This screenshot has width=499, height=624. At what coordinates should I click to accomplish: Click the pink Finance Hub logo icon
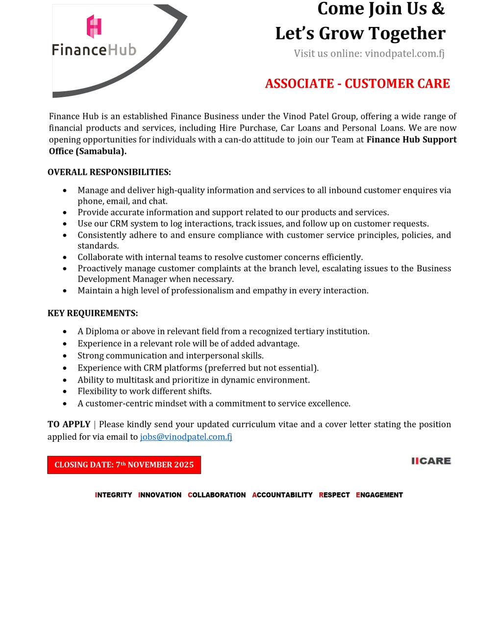click(94, 26)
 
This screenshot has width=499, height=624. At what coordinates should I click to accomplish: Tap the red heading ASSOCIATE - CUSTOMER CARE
click(357, 84)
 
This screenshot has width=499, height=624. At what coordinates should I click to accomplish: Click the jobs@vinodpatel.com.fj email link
click(186, 436)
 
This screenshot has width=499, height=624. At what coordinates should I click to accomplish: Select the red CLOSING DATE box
click(124, 465)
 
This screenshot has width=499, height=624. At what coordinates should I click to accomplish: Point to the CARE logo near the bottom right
click(431, 461)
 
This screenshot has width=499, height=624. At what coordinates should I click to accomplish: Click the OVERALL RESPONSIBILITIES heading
click(109, 172)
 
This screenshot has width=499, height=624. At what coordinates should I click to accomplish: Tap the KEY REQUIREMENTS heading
click(93, 313)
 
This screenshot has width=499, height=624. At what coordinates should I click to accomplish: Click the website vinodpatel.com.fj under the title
click(404, 53)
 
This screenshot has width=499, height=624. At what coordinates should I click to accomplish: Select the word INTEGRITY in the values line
click(114, 495)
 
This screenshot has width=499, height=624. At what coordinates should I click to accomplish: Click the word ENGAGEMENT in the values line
click(379, 495)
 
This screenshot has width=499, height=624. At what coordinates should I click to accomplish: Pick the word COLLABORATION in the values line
click(217, 495)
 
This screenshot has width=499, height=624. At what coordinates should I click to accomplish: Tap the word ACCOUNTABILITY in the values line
click(282, 495)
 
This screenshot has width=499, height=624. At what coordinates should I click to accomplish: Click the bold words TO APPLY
click(69, 424)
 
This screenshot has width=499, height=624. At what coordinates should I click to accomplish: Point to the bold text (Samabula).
click(101, 151)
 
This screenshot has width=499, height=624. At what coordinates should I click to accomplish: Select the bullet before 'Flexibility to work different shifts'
click(65, 391)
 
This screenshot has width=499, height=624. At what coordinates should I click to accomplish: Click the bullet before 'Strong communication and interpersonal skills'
click(65, 356)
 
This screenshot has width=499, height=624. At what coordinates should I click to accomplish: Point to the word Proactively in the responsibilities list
click(100, 268)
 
